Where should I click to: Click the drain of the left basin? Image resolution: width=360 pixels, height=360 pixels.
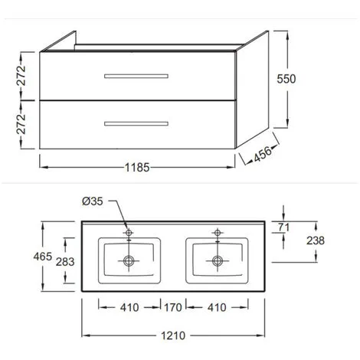(x=129, y=260)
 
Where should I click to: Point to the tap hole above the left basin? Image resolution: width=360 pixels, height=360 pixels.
(x=129, y=231)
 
